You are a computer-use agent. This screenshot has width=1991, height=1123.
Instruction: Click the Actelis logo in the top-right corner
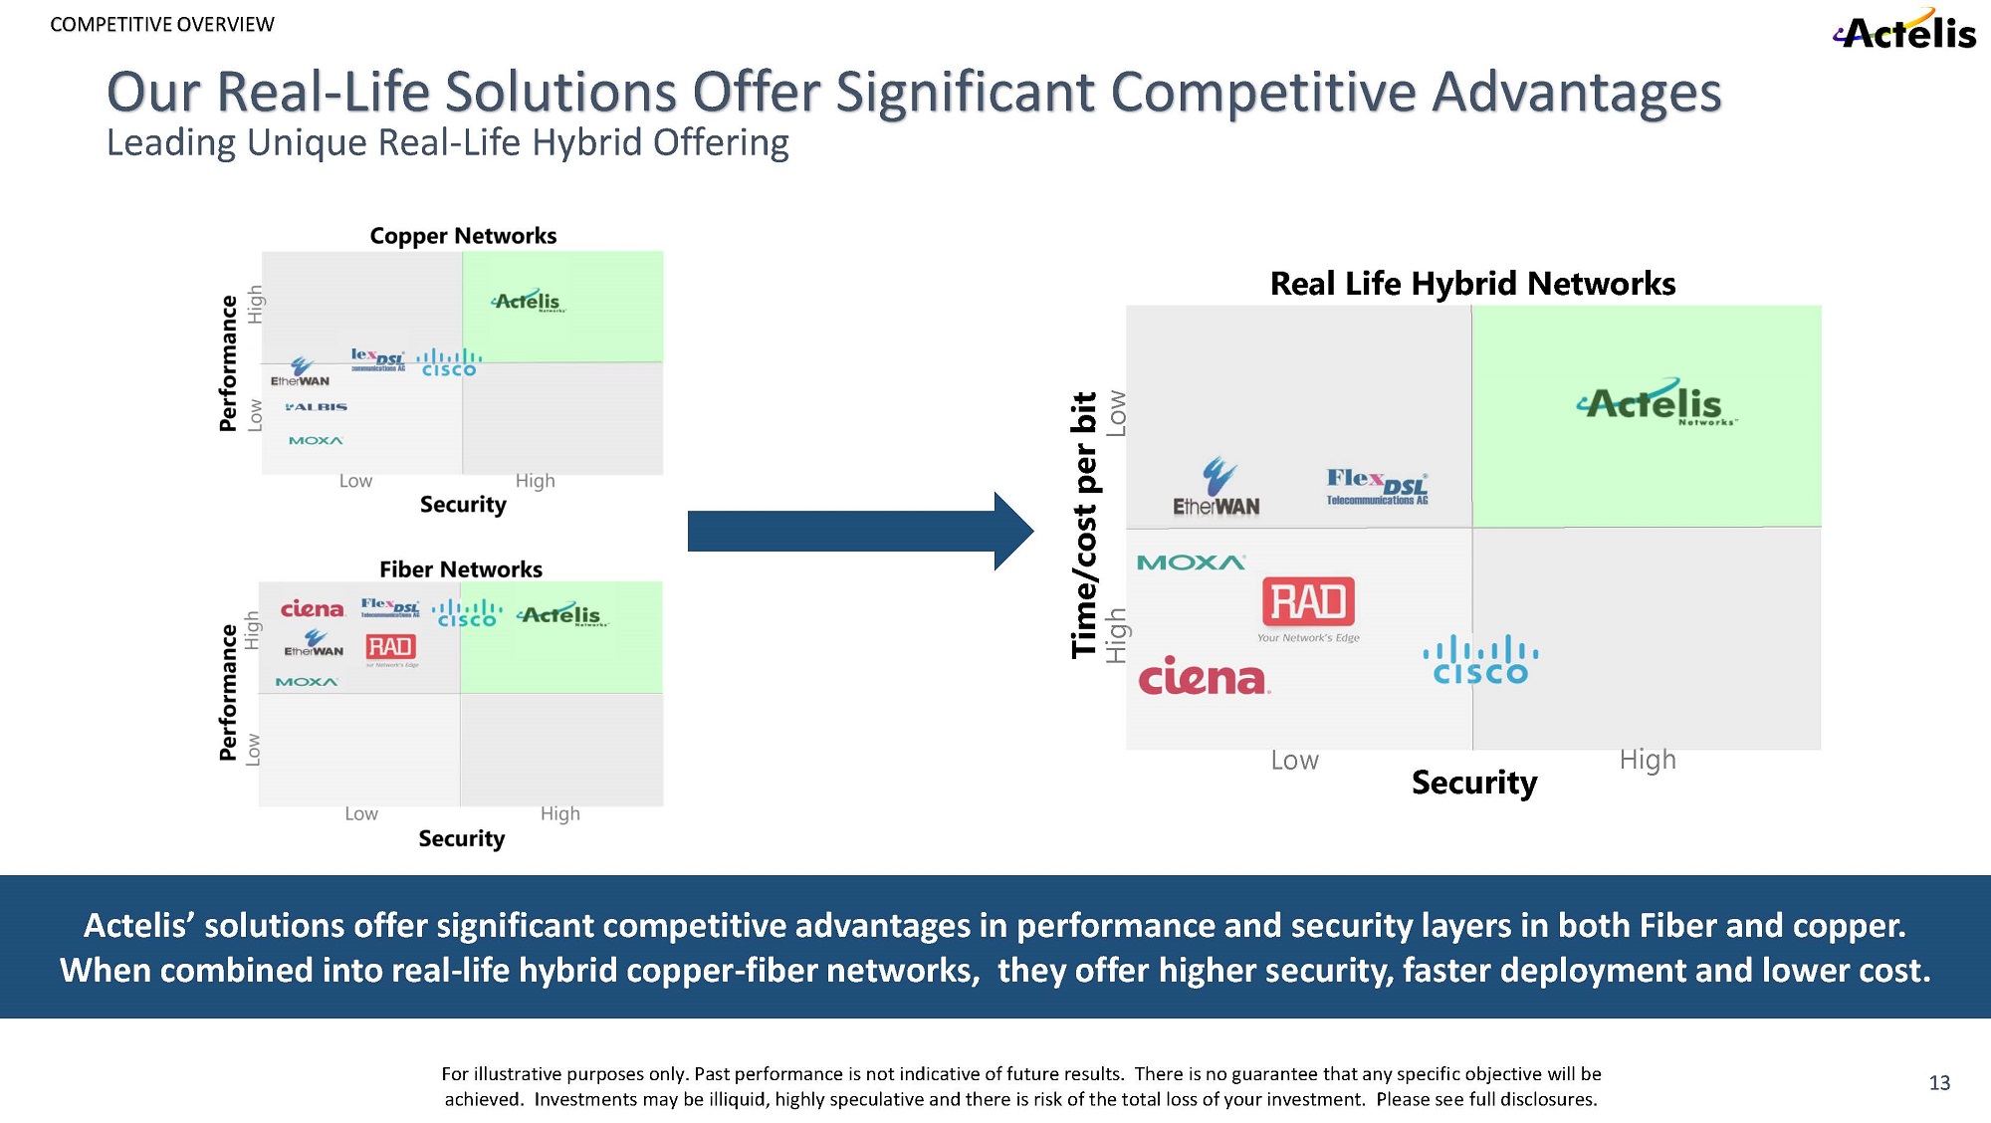point(1905,31)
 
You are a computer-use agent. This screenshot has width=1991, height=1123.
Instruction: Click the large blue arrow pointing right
point(860,531)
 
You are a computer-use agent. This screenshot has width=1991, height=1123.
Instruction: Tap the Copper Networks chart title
point(463,236)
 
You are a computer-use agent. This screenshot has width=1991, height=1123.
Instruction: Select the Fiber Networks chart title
point(461,569)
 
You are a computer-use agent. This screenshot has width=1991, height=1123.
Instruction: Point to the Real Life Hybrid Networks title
point(1472,284)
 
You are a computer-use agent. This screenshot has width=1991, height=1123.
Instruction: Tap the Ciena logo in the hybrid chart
point(1204,677)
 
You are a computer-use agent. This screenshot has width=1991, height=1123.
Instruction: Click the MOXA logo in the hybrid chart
point(1191,562)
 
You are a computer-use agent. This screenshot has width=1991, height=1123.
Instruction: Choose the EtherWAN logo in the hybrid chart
point(1217,488)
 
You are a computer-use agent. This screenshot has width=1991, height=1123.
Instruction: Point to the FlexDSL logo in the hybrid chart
point(1377,487)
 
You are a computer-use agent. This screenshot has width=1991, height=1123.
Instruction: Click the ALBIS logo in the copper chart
point(317,407)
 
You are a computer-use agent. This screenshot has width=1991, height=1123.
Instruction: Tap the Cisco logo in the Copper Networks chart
point(449,363)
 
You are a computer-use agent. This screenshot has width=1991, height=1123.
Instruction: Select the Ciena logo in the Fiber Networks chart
point(312,608)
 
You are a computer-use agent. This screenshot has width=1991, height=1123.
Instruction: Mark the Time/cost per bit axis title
point(1083,525)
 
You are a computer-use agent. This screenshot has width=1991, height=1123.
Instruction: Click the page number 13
point(1939,1083)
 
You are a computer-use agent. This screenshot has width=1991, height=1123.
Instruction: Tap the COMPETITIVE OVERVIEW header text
point(162,25)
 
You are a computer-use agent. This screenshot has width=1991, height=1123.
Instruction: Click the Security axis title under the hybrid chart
point(1474,783)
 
